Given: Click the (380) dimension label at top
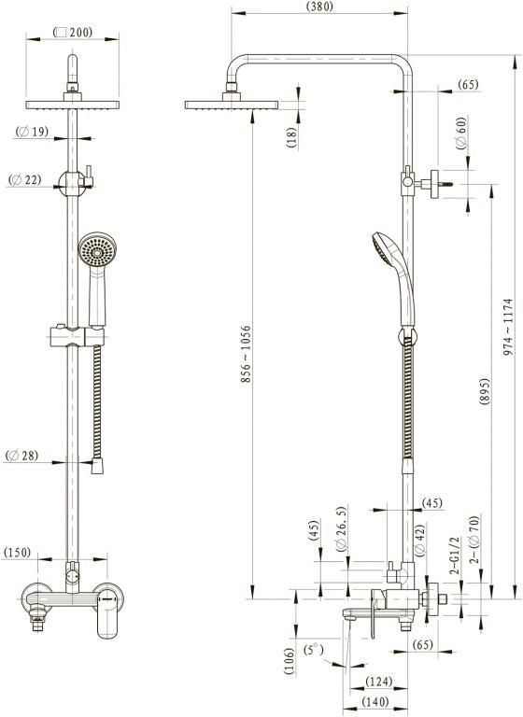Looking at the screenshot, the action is pos(319,7).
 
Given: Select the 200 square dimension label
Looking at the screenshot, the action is pos(73,33).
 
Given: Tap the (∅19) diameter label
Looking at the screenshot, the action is pos(32,132).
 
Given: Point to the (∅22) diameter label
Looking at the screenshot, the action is pos(24,179).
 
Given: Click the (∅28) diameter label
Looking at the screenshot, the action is pos(22,456).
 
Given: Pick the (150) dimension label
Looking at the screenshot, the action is pos(17,553).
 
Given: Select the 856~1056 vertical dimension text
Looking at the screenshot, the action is pos(246,354).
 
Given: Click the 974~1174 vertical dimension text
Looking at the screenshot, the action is pos(508,328).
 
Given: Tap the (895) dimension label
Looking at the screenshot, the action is pos(484,391).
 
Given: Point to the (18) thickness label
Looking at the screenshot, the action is pos(291,137).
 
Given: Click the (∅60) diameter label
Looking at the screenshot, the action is pos(461,133).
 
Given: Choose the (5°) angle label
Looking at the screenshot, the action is pos(314,650).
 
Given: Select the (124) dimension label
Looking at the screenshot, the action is pos(379,682).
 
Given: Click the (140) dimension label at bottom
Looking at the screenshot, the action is pos(375,701).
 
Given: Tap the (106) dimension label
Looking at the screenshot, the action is pos(289,661).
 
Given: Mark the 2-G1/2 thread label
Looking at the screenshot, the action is pos(455,555).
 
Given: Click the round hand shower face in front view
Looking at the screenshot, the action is pos(97,250).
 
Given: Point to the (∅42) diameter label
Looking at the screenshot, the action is pos(420,540).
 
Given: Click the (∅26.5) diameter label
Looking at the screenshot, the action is pos(341,528).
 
